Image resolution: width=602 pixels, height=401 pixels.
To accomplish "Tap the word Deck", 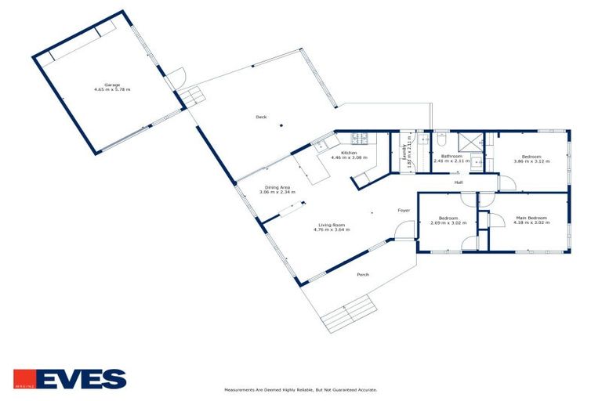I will coord(261,117).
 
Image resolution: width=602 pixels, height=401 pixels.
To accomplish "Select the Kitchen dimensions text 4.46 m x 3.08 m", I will coord(349,157).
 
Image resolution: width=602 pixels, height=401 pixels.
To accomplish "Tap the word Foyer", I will coord(404,211).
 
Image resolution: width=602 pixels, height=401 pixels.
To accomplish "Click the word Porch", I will coord(363,274).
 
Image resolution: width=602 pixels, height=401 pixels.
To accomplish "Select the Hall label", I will coord(459,182).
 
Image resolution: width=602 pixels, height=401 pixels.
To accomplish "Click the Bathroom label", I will coord(451,156).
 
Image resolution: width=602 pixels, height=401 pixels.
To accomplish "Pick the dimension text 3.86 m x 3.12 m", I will coord(531,161).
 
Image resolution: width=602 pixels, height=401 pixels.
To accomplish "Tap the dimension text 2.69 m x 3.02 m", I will coord(448,222).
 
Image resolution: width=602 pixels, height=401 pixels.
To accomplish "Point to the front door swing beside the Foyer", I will coord(404,232).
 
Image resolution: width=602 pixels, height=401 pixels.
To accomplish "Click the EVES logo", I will coord(70,379).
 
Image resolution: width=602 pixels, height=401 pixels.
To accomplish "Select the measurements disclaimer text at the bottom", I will coord(300,389).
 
